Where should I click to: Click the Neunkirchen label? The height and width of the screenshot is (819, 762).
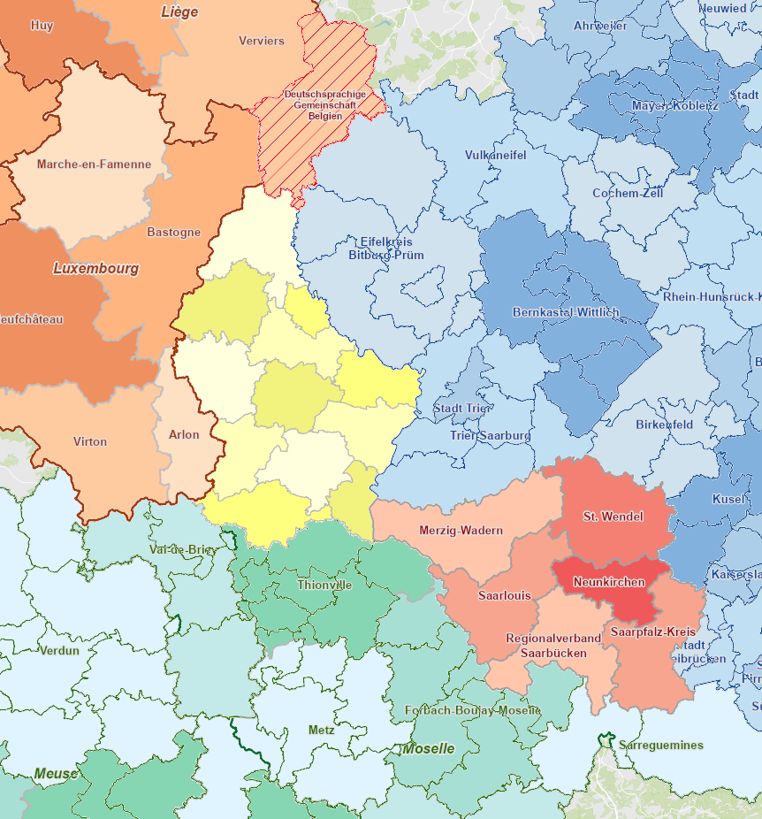(x=608, y=582)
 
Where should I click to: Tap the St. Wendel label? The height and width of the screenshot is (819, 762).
(x=613, y=516)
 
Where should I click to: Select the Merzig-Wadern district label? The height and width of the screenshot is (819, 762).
(x=461, y=531)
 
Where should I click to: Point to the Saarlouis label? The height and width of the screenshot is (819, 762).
(x=505, y=595)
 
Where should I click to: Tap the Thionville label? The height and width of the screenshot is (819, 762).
(x=324, y=585)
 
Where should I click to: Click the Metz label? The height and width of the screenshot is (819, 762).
(x=322, y=731)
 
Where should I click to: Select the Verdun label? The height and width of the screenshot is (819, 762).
(x=59, y=650)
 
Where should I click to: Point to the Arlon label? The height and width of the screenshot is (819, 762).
(x=184, y=434)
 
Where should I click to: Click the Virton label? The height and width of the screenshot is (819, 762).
(x=90, y=441)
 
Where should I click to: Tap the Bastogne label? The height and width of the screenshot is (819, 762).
(x=173, y=232)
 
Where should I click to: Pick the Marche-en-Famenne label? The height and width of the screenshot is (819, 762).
(x=94, y=164)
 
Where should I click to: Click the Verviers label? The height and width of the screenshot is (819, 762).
(x=262, y=41)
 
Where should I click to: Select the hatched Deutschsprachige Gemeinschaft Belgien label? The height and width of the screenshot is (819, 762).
(x=319, y=104)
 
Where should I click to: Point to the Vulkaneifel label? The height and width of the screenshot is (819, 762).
(x=495, y=155)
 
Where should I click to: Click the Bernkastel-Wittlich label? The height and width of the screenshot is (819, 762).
(x=566, y=312)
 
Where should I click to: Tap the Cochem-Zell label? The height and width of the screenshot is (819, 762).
(x=628, y=193)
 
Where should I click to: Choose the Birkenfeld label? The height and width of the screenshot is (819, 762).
(x=664, y=425)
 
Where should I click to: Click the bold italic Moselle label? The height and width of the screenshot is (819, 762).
(x=429, y=748)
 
